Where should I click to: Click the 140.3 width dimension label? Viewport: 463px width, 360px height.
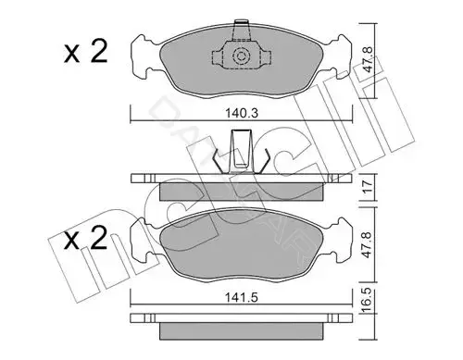pyautogui.click(x=242, y=114)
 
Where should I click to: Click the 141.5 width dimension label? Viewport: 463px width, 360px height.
pyautogui.click(x=242, y=298)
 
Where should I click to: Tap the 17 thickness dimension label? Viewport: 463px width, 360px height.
pyautogui.click(x=368, y=187)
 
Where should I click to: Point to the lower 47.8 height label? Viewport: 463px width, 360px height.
pyautogui.click(x=368, y=245)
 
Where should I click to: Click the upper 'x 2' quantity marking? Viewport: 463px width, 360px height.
pyautogui.click(x=85, y=53)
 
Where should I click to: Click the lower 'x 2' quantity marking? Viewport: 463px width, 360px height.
pyautogui.click(x=85, y=238)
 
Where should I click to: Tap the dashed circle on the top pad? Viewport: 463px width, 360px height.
pyautogui.click(x=241, y=56)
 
